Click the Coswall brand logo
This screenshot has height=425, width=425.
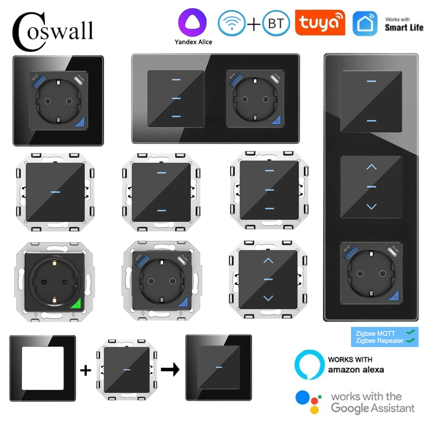(x=53, y=31)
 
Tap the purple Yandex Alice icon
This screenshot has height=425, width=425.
(x=192, y=22)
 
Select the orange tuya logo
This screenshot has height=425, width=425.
(x=320, y=23)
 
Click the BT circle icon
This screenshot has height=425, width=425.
(x=276, y=24)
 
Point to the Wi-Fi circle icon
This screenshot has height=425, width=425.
(x=232, y=24)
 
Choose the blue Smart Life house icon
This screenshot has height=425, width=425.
(x=365, y=24)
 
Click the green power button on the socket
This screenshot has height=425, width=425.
(x=76, y=304)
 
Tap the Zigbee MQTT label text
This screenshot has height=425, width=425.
(x=375, y=333)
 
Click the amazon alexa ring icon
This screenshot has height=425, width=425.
(x=309, y=365)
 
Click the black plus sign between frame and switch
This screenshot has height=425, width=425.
(x=85, y=370)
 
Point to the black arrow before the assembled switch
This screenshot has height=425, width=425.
(x=170, y=370)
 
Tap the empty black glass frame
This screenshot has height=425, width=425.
(x=42, y=368)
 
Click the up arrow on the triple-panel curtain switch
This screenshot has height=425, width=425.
(x=371, y=167)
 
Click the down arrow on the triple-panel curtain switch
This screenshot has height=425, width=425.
(x=371, y=206)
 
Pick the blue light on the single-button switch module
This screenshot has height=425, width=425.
(x=55, y=192)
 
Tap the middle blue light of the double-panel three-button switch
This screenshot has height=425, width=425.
(x=176, y=98)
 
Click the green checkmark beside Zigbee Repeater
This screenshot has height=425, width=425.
(x=410, y=340)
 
